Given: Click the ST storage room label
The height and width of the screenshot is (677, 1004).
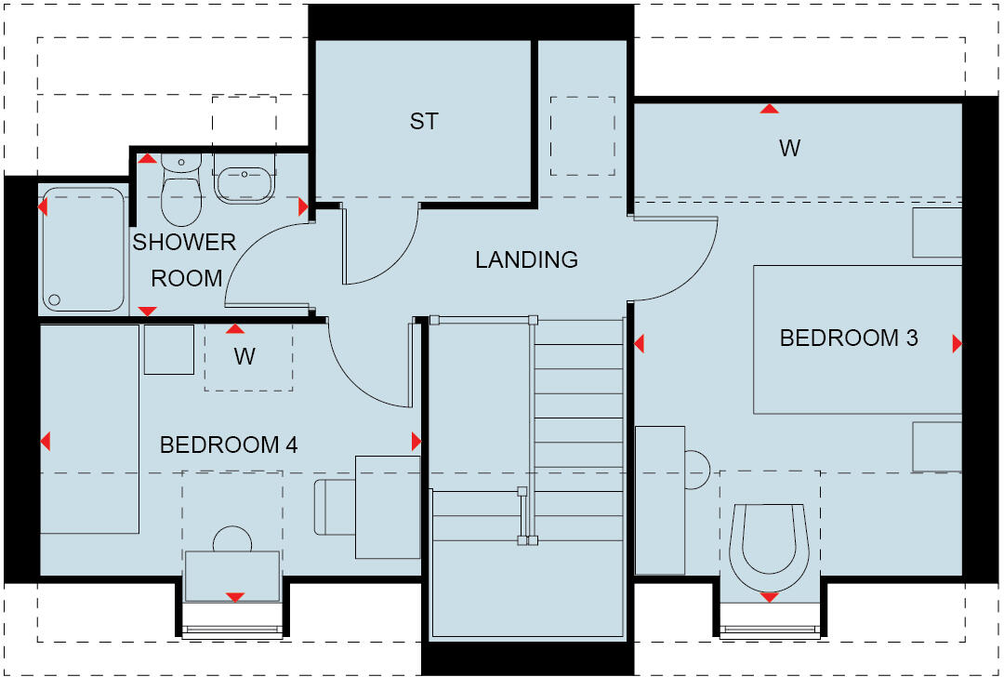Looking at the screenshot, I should [x=424, y=122].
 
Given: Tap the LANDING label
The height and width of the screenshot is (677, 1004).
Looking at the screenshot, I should [x=526, y=259].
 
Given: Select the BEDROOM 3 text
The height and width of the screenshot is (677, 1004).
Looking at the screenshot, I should [x=848, y=338].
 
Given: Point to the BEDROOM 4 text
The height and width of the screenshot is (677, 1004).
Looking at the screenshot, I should [x=229, y=445].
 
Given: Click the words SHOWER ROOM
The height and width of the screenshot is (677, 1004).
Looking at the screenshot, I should [x=185, y=260].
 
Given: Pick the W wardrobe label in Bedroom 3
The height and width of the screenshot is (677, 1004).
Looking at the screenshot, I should [x=789, y=148].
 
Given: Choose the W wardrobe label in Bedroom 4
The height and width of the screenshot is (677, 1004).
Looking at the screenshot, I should [x=244, y=356].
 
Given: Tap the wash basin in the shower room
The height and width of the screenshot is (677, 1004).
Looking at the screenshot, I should [x=244, y=180].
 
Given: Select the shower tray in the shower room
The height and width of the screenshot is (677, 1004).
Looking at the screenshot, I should [x=83, y=249].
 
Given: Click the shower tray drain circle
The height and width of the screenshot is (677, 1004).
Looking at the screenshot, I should [x=54, y=299].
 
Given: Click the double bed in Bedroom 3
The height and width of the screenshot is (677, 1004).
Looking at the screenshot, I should [x=855, y=339].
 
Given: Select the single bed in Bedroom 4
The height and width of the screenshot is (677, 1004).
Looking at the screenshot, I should [x=88, y=429].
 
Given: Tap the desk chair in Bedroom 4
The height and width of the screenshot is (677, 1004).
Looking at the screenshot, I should [x=334, y=507].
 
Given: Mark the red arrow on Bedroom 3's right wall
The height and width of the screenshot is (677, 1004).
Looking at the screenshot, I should [x=957, y=345].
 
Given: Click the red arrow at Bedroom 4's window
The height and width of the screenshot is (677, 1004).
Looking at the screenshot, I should [x=235, y=596].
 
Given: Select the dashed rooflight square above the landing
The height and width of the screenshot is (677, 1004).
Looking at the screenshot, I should [x=582, y=136].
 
